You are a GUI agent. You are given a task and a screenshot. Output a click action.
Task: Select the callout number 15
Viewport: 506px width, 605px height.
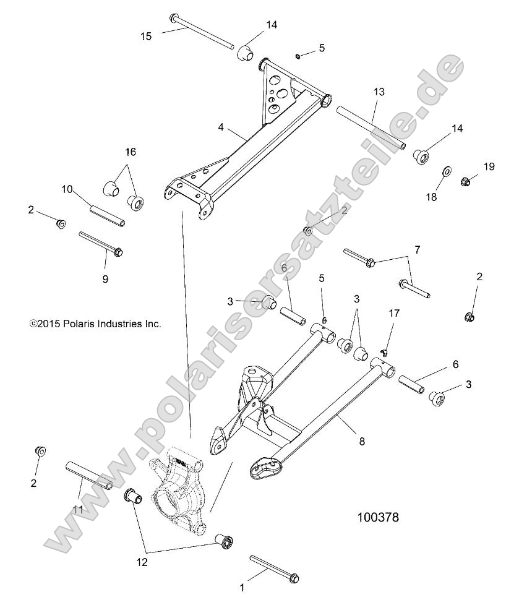[x=146, y=36]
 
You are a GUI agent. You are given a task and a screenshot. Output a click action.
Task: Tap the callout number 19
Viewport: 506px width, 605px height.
[x=489, y=166]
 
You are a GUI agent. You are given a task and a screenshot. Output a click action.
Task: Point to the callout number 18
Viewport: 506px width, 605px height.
[x=431, y=197]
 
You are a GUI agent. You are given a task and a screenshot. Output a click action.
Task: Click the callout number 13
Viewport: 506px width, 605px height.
[x=379, y=92]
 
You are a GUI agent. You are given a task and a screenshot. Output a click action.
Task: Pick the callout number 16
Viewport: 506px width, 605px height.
[x=131, y=152]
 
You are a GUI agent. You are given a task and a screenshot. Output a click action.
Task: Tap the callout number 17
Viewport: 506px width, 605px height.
[x=393, y=313]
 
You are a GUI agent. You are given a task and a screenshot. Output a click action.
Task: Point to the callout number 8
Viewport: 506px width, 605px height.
[x=362, y=441]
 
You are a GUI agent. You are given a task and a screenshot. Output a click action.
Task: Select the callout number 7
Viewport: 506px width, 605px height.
[x=434, y=249]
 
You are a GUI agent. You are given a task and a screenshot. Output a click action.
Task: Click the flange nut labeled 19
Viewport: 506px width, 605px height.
[x=467, y=181]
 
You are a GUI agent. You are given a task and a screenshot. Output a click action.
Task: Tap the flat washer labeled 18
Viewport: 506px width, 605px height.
[x=445, y=170]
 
